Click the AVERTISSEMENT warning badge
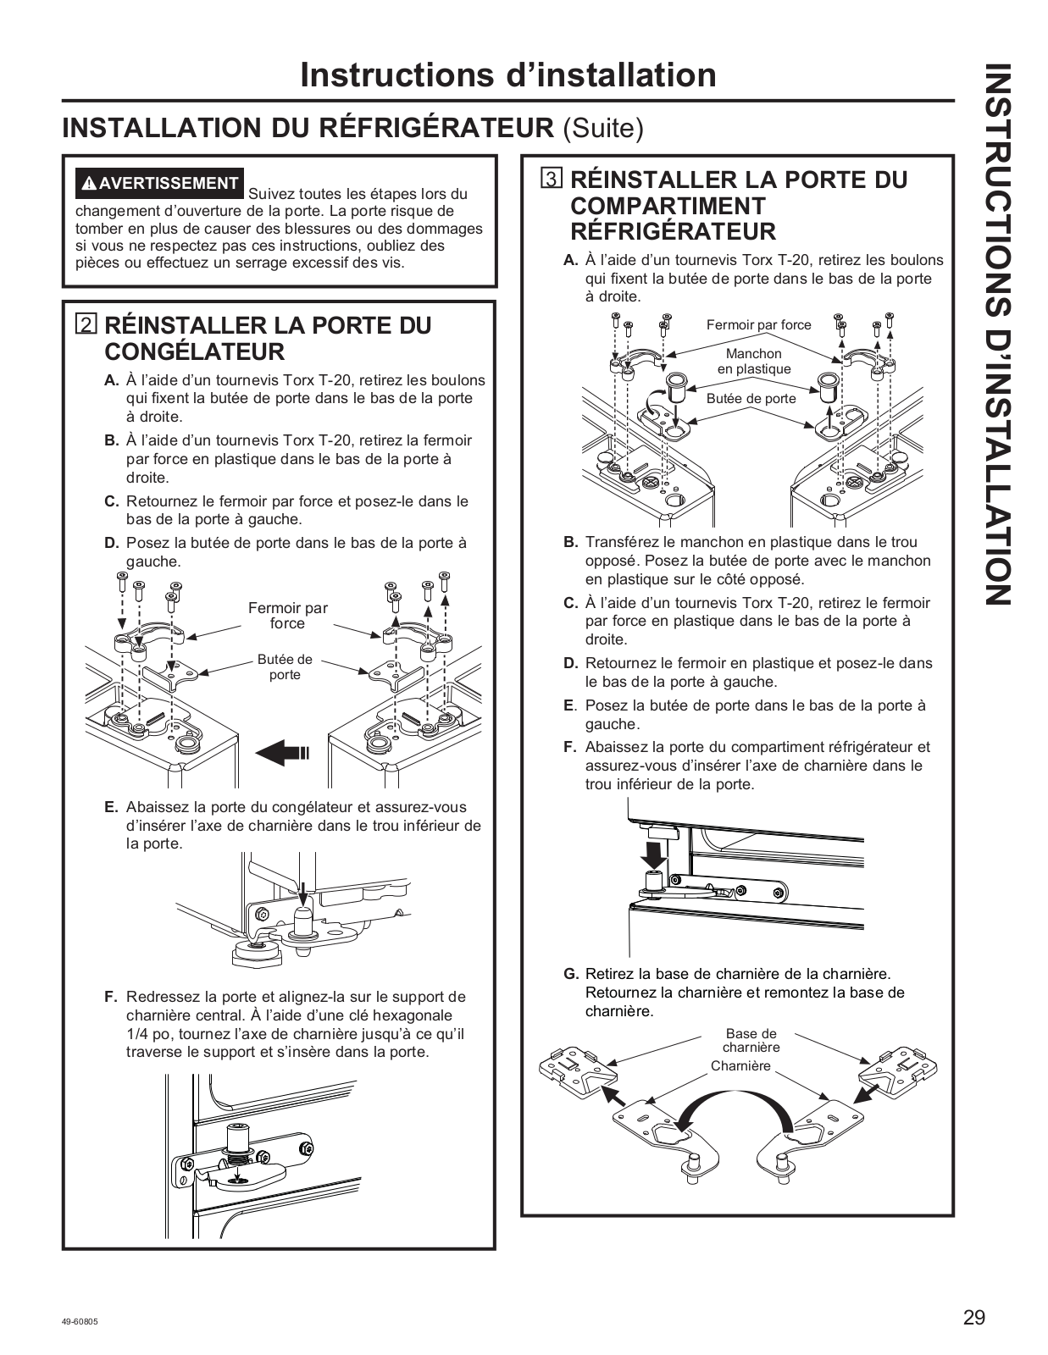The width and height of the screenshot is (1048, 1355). (159, 183)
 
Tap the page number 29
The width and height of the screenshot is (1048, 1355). (973, 1318)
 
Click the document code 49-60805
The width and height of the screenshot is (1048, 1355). (80, 1324)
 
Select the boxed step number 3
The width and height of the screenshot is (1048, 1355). (552, 180)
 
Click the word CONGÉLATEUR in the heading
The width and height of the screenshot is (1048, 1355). (194, 351)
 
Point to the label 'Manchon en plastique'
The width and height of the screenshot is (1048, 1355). (753, 361)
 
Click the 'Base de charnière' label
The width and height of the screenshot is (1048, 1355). (751, 1040)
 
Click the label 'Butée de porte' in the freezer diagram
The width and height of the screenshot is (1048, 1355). (285, 667)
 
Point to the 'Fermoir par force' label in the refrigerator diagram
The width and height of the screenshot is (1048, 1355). (758, 324)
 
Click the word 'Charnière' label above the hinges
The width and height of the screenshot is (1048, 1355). (740, 1066)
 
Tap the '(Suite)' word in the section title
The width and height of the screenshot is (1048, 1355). (602, 128)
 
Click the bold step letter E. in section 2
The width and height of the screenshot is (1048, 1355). (111, 807)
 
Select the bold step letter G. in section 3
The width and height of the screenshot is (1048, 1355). (571, 974)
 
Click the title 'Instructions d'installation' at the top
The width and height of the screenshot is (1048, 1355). (507, 75)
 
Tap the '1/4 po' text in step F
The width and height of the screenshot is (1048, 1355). (146, 1034)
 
